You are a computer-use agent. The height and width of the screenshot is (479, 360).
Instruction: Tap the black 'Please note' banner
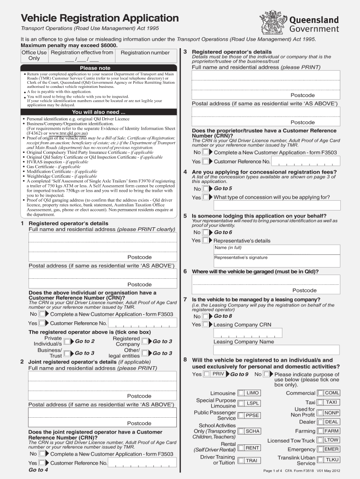95,68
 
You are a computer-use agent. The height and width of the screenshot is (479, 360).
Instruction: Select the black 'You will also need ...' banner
98,112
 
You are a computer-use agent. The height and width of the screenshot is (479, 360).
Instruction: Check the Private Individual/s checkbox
68,342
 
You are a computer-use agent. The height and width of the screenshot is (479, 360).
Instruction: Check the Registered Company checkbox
146,342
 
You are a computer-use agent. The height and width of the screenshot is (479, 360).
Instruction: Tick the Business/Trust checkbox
68,354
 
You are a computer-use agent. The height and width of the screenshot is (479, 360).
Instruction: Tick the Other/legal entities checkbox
146,354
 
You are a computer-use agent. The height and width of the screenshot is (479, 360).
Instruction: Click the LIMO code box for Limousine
252,393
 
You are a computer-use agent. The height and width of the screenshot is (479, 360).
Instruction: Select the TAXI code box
331,402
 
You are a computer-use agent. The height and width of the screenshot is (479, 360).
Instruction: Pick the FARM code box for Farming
331,431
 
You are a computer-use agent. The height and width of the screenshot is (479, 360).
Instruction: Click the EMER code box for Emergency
331,449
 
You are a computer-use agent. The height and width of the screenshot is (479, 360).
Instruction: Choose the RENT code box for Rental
252,448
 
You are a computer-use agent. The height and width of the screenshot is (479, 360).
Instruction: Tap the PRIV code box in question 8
218,374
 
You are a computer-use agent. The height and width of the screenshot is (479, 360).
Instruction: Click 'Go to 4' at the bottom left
39,470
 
